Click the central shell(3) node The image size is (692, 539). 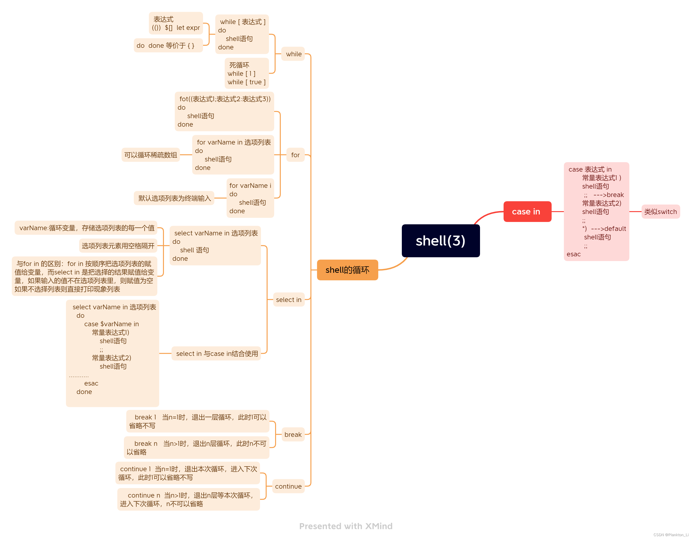pyautogui.click(x=440, y=241)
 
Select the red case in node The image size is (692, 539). pyautogui.click(x=527, y=212)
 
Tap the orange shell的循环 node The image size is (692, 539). pyautogui.click(x=347, y=270)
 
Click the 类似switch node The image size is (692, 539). pyautogui.click(x=660, y=212)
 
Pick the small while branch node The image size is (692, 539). pyautogui.click(x=293, y=54)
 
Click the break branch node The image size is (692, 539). pyautogui.click(x=293, y=434)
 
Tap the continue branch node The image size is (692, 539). pyautogui.click(x=288, y=486)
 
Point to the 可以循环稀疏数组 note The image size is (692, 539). pyautogui.click(x=151, y=155)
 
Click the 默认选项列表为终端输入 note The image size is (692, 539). pyautogui.click(x=174, y=198)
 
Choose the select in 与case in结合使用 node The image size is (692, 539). pyautogui.click(x=217, y=354)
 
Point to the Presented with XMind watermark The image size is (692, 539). pyautogui.click(x=346, y=526)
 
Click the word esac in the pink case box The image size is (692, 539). pyautogui.click(x=574, y=254)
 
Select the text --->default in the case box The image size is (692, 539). pyautogui.click(x=608, y=229)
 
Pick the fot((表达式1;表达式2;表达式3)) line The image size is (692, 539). pyautogui.click(x=225, y=99)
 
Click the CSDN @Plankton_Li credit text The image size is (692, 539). pyautogui.click(x=671, y=535)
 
